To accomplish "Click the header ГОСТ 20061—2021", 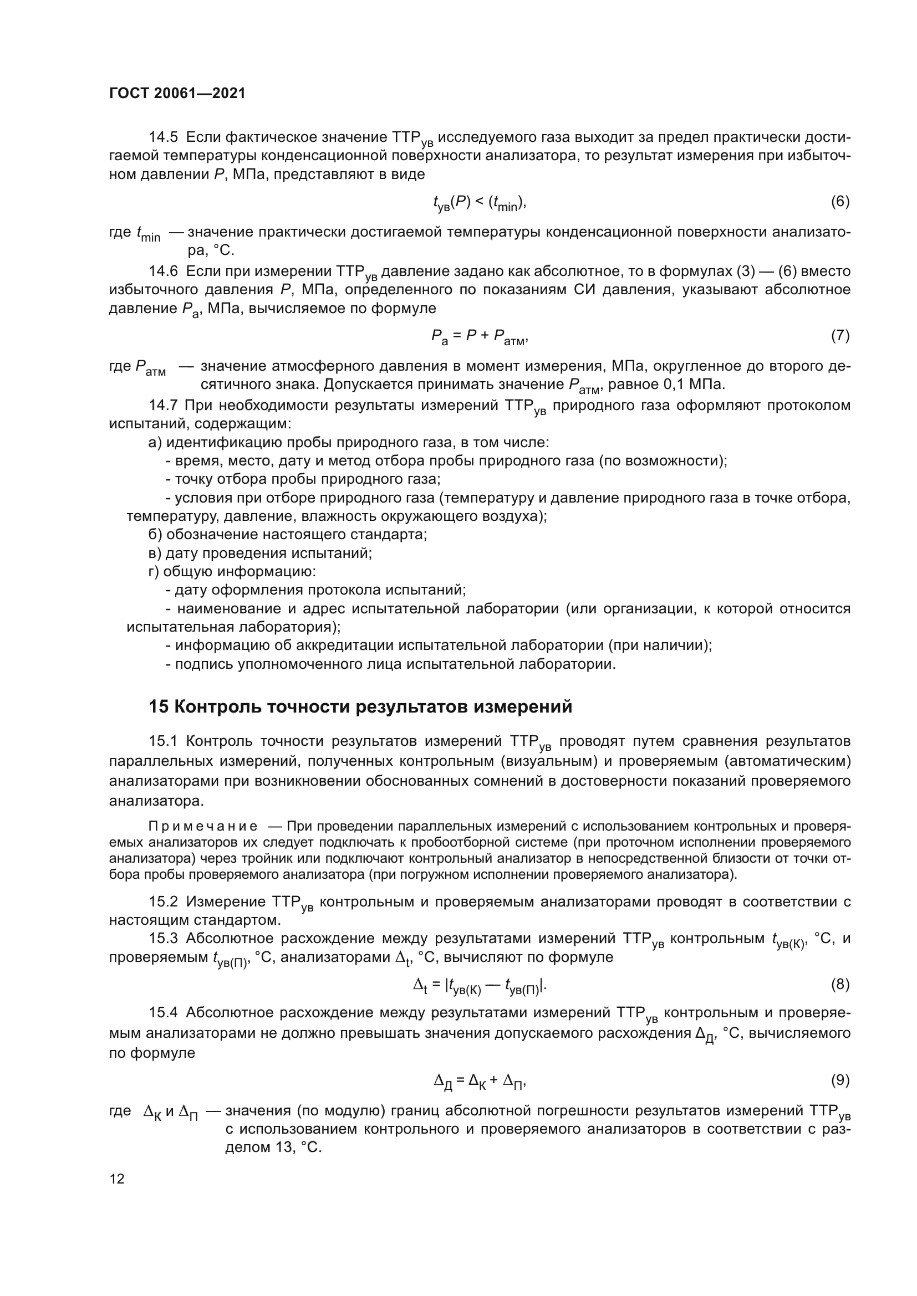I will [177, 94].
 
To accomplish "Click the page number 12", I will [117, 1179].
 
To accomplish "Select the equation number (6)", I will [840, 202].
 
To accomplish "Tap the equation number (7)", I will [840, 336].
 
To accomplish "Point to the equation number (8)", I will [840, 984].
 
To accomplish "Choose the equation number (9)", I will [840, 1080].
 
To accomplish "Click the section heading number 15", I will [159, 706].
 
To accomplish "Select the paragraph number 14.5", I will [163, 137].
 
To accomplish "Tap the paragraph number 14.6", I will [163, 272].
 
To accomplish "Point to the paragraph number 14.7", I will [163, 405].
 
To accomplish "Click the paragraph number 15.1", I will [163, 741].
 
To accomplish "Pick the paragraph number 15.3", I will [163, 938].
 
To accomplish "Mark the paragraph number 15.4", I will [163, 1012].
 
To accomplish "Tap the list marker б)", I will [155, 534].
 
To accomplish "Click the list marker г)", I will [154, 571].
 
